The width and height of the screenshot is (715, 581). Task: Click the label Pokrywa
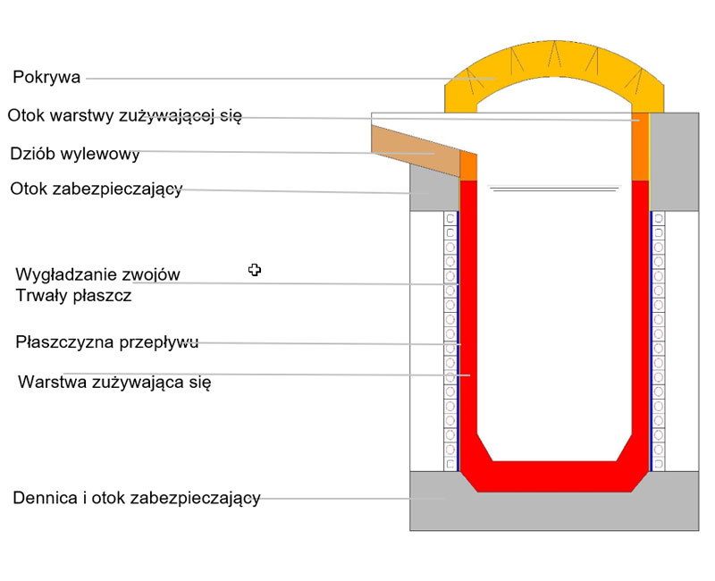tap(46, 78)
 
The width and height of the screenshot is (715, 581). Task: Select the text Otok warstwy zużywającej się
tap(124, 115)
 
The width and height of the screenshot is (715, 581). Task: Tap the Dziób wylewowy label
tap(75, 154)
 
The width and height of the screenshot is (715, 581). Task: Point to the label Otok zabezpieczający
tap(97, 189)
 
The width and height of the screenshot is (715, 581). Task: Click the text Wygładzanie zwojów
tap(98, 274)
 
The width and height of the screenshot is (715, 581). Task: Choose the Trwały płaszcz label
tap(73, 295)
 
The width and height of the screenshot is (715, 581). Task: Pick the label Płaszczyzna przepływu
tap(106, 341)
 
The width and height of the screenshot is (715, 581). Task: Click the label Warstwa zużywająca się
tap(114, 383)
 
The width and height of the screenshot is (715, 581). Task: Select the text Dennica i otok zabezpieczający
tap(137, 498)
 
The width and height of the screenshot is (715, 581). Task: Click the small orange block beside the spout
tap(468, 166)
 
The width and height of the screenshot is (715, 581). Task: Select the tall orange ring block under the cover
tap(640, 147)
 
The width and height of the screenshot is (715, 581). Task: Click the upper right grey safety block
tap(674, 161)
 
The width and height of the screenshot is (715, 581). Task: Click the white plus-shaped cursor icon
tap(255, 269)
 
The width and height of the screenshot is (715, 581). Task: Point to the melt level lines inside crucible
tap(554, 189)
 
